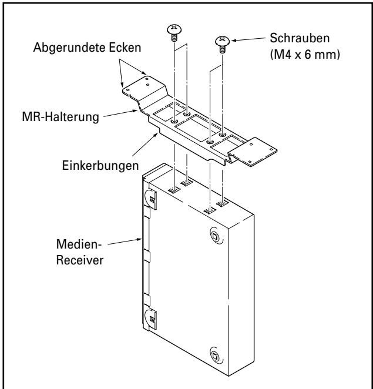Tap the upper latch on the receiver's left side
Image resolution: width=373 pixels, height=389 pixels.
tap(150, 199)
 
